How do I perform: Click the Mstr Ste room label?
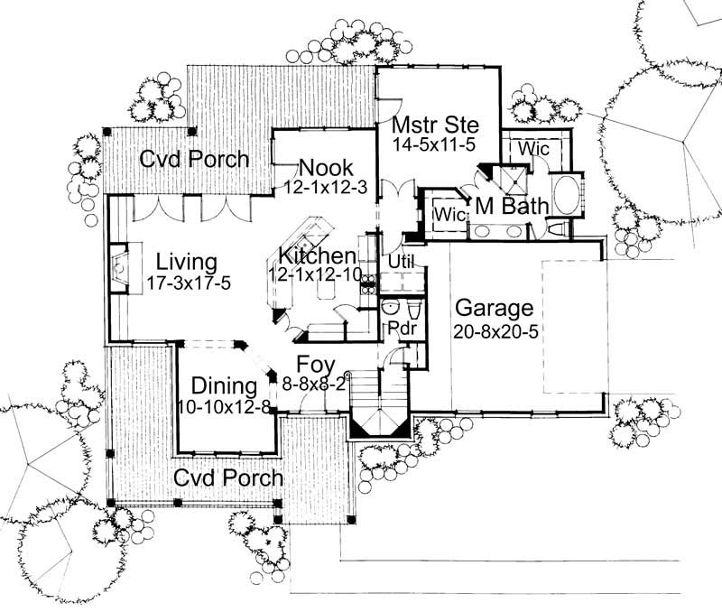click(434, 124)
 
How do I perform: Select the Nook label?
click(326, 167)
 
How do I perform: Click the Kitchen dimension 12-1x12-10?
click(315, 274)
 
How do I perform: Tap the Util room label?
click(400, 261)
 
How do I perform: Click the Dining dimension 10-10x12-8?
click(224, 406)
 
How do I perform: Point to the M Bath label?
click(512, 206)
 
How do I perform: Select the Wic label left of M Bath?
click(449, 214)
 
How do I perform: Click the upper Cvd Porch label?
click(194, 160)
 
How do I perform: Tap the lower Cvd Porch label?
click(228, 477)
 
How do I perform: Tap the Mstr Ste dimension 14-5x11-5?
click(433, 143)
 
